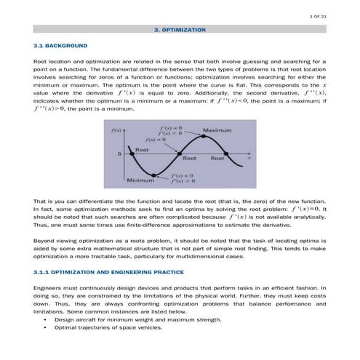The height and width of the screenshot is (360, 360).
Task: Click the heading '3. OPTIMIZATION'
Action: tap(180, 31)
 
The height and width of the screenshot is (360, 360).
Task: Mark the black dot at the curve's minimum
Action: tap(155, 175)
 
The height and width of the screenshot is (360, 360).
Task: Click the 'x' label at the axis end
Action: tap(249, 155)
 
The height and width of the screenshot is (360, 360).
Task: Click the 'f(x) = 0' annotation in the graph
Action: tap(155, 138)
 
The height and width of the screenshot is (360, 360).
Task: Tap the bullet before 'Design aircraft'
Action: tap(46, 320)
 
